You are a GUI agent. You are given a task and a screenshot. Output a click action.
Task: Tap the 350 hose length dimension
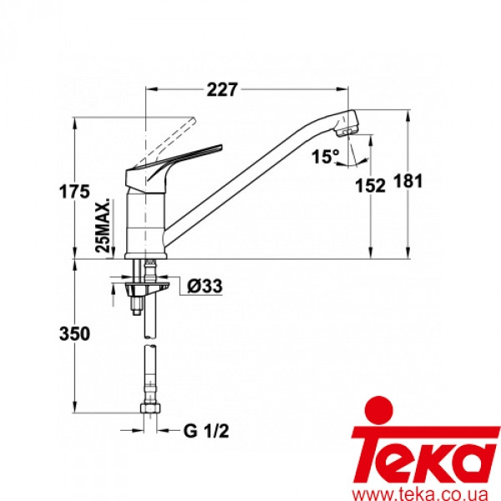[x=76, y=334]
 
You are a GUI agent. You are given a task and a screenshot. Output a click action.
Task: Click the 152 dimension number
[x=373, y=186]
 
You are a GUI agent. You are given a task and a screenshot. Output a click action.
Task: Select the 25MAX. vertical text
[x=103, y=226]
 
